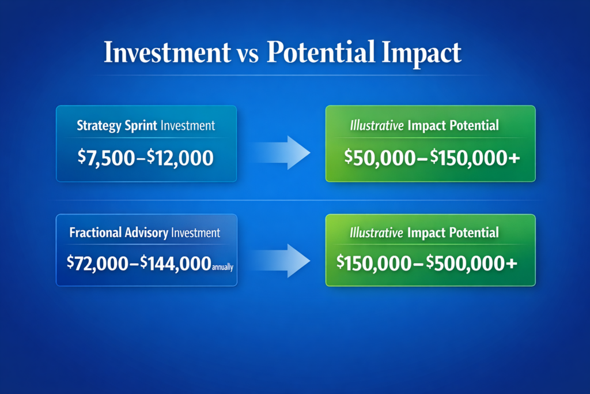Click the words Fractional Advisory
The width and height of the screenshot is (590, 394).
(119, 233)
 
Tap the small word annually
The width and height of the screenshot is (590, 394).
(222, 267)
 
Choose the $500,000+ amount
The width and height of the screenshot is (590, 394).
(475, 263)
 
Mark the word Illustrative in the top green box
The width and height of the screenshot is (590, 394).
(376, 126)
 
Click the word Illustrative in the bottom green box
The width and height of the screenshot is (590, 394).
(376, 233)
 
